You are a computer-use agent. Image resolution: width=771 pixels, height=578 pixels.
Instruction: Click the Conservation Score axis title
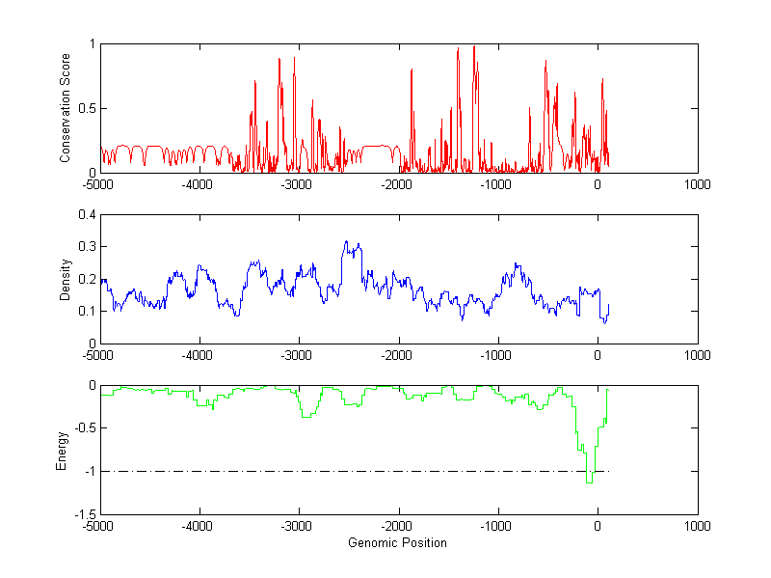(x=66, y=108)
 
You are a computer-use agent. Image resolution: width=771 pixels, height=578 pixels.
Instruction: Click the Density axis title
(x=66, y=279)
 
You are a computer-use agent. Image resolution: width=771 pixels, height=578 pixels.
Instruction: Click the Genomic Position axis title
(x=397, y=543)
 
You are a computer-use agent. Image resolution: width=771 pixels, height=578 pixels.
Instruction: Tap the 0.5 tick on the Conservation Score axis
(x=88, y=108)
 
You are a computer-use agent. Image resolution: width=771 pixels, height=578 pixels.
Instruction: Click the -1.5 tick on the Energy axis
(x=85, y=514)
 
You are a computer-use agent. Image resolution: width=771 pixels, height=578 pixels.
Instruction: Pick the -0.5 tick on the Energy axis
(x=85, y=428)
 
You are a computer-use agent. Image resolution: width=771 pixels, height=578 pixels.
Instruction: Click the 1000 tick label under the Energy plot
(x=697, y=527)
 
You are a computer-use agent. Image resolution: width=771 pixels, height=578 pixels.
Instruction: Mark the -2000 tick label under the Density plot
(x=397, y=356)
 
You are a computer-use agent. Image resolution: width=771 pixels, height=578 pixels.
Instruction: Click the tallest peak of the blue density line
(x=346, y=241)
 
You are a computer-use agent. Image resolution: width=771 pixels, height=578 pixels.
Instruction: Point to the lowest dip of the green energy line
(x=589, y=482)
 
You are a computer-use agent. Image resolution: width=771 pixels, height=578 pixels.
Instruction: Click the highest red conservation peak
(x=473, y=46)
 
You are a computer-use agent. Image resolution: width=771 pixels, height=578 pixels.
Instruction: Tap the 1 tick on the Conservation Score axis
(x=92, y=43)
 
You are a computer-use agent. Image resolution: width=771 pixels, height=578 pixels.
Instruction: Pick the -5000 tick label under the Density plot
(x=98, y=356)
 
